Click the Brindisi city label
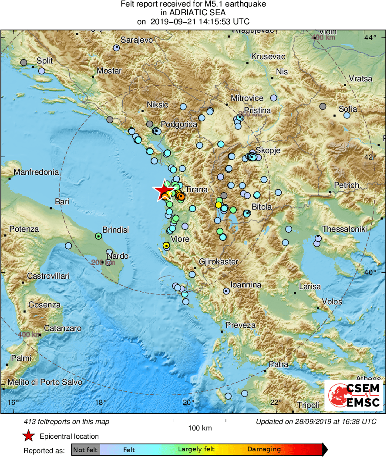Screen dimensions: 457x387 pyautogui.click(x=115, y=230)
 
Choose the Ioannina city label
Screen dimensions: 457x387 pyautogui.click(x=246, y=285)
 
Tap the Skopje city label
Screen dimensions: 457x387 pyautogui.click(x=268, y=150)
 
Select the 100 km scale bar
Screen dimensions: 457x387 pyautogui.click(x=200, y=420)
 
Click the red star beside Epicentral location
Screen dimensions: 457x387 pyautogui.click(x=29, y=436)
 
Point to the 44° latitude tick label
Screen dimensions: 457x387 pyautogui.click(x=370, y=37)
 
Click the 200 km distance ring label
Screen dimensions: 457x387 pyautogui.click(x=103, y=262)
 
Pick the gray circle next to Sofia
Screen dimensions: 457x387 pyautogui.click(x=323, y=106)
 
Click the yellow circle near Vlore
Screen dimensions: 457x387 pyautogui.click(x=166, y=246)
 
